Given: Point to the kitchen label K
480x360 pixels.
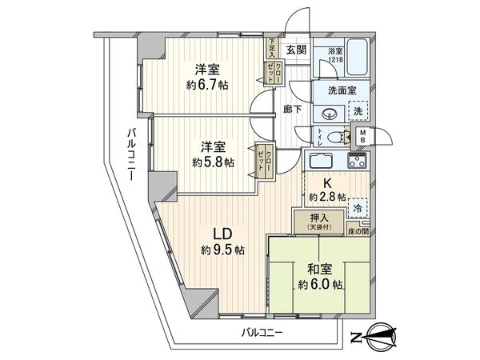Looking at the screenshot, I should tap(328, 182).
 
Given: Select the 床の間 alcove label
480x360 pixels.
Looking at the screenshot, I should tap(356, 231).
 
